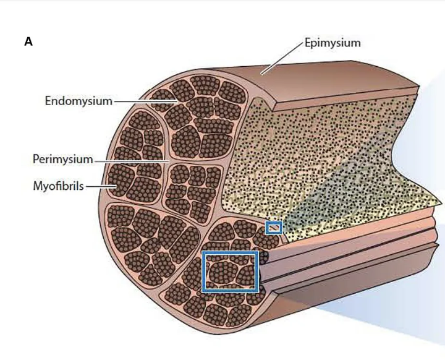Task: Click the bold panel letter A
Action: coord(28,41)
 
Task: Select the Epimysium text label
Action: coord(332,43)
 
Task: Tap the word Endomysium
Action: coord(78,100)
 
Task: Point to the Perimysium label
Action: coord(62,160)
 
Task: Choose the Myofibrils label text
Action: coord(59,185)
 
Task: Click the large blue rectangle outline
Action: coord(230,253)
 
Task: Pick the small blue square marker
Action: coord(273,228)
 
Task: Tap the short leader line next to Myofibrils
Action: coord(98,185)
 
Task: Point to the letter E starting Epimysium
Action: coord(308,43)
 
